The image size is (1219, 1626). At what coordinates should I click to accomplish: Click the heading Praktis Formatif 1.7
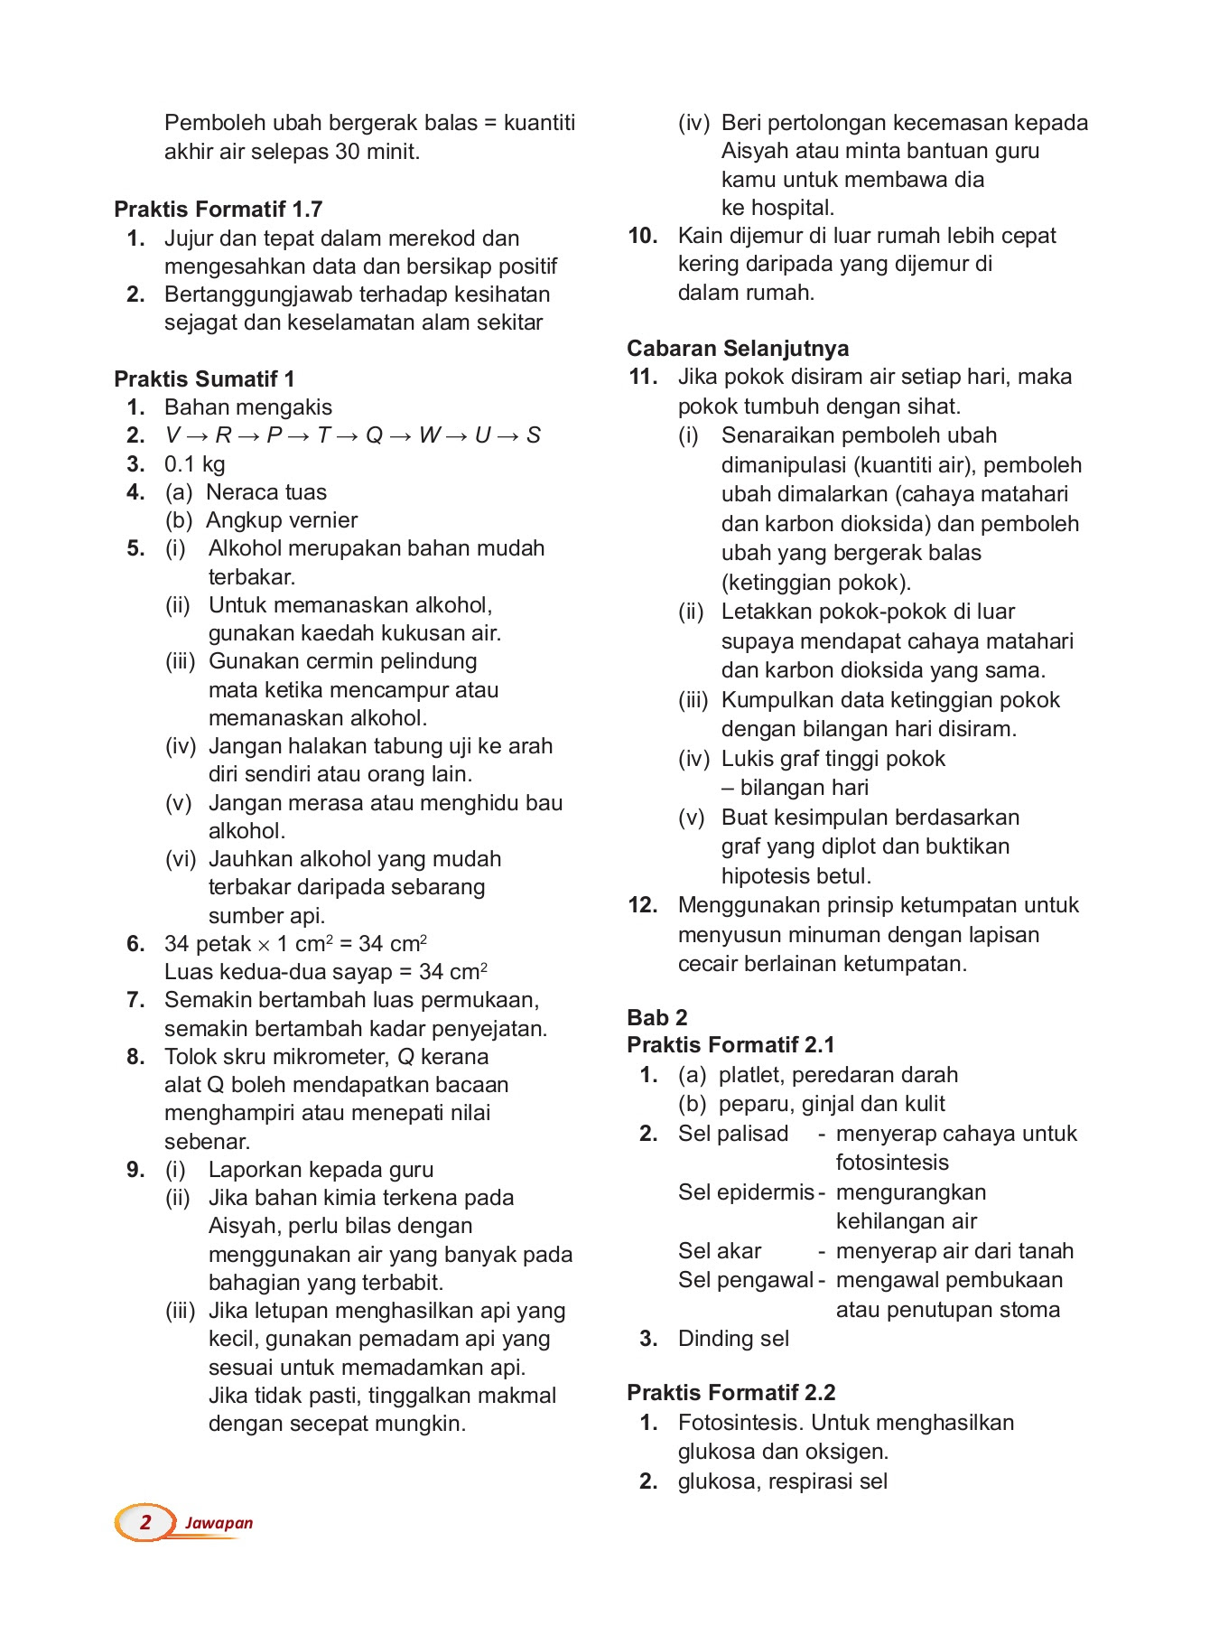(x=218, y=210)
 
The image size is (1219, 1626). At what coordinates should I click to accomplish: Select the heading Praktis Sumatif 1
(x=204, y=378)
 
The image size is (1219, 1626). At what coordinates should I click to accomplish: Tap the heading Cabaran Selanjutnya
(x=738, y=349)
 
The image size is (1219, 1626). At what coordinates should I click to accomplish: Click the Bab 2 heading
(x=656, y=1017)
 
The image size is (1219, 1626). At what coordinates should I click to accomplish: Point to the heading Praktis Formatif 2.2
(x=730, y=1392)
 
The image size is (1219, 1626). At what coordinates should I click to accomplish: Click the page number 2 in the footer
(x=145, y=1522)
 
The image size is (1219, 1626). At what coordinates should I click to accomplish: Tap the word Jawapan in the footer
(x=219, y=1523)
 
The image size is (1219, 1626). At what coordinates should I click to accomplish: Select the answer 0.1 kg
(x=194, y=464)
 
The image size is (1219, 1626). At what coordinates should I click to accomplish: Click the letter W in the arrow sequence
(x=429, y=435)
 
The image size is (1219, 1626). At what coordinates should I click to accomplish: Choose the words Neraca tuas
(x=265, y=492)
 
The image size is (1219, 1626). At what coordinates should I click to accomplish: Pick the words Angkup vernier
(x=281, y=520)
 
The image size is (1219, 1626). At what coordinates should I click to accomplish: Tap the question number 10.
(x=642, y=236)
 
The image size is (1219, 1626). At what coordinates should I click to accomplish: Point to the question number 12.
(x=642, y=905)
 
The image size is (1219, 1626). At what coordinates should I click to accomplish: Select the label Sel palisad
(x=732, y=1134)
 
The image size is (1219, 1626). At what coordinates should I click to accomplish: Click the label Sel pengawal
(x=745, y=1280)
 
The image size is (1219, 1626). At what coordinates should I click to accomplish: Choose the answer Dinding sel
(x=732, y=1339)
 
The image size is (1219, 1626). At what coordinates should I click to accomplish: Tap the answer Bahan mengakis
(x=247, y=407)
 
